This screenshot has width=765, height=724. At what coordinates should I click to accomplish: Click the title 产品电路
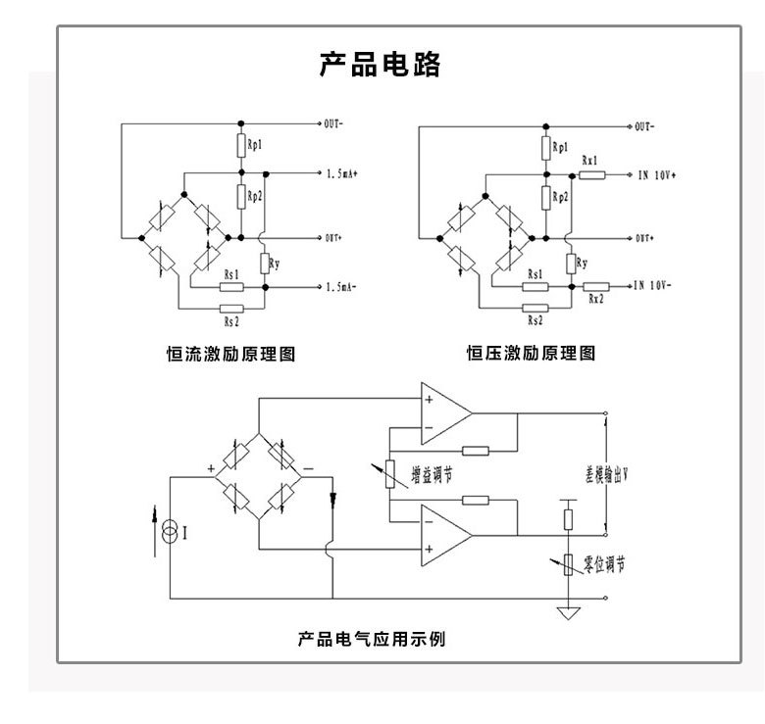(x=381, y=66)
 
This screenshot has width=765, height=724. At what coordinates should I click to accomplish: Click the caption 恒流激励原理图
(x=231, y=354)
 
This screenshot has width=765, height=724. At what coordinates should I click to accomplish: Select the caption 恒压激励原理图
(x=531, y=354)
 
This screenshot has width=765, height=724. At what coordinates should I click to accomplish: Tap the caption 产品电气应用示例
(x=372, y=640)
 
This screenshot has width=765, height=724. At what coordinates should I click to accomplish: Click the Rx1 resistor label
(x=589, y=159)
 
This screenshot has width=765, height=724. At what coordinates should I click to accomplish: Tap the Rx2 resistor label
(x=595, y=300)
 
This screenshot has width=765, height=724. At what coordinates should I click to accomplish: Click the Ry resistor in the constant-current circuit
(x=266, y=263)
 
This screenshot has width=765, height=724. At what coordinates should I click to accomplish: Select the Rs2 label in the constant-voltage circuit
(x=535, y=319)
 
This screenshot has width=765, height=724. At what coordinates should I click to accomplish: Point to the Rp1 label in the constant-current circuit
(x=255, y=145)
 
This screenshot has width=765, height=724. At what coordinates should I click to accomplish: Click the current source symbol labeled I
(x=170, y=533)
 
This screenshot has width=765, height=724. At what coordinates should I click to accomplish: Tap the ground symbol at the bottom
(x=567, y=613)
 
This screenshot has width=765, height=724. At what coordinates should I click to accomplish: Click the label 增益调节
(x=428, y=473)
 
